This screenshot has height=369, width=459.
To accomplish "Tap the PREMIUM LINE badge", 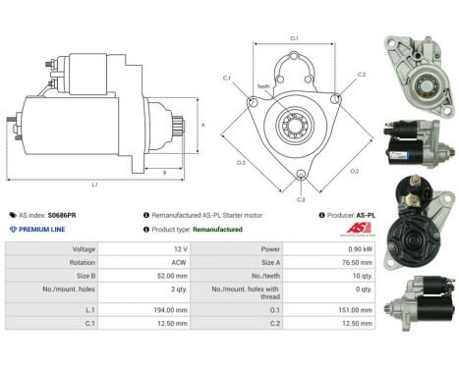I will [x=41, y=229].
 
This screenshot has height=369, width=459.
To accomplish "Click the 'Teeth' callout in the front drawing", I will [x=263, y=86].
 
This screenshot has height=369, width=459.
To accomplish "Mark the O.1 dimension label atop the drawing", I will [x=294, y=38].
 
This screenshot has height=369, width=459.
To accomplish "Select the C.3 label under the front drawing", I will [x=300, y=199].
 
